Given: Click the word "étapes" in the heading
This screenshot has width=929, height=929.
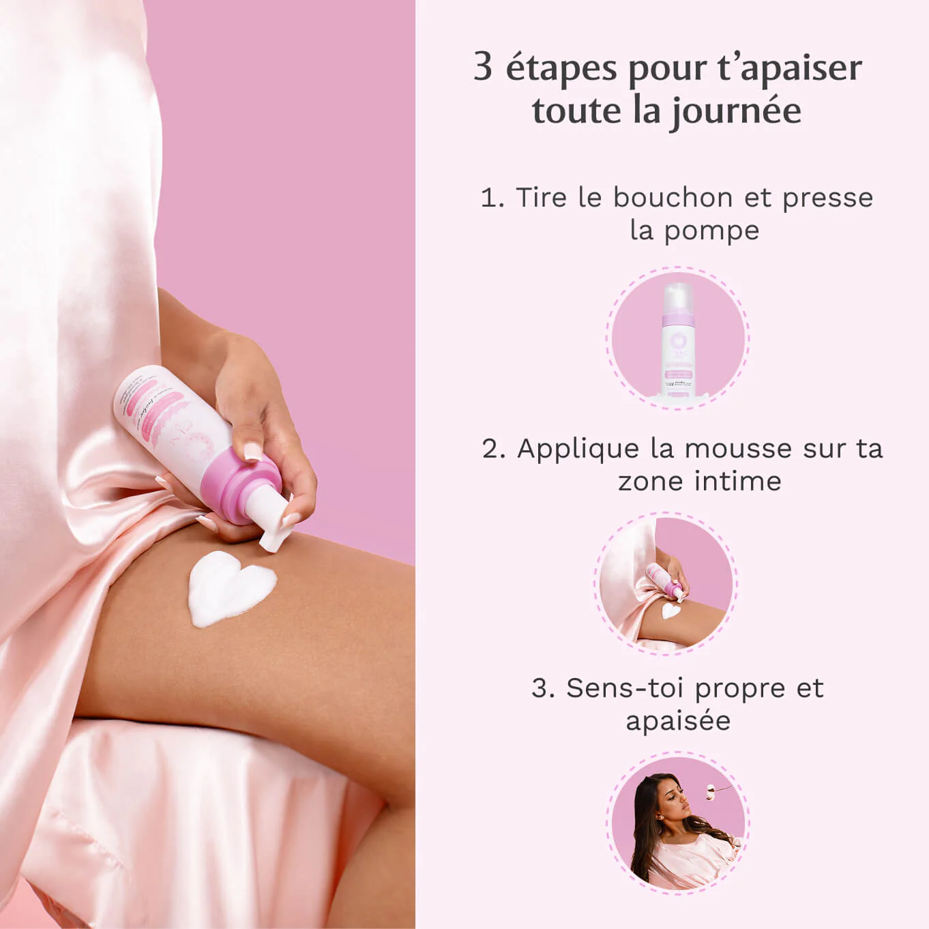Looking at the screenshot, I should click(561, 68).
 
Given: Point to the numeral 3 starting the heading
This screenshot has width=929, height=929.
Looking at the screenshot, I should click(483, 67).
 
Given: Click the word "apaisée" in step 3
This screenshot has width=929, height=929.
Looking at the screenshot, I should click(678, 721).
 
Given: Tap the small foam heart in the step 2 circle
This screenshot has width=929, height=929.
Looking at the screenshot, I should click(671, 610).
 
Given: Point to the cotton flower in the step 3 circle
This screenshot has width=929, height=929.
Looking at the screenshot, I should click(713, 790).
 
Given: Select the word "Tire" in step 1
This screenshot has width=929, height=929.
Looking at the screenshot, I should click(541, 197).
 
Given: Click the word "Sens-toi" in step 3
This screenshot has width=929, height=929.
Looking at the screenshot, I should click(624, 688).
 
